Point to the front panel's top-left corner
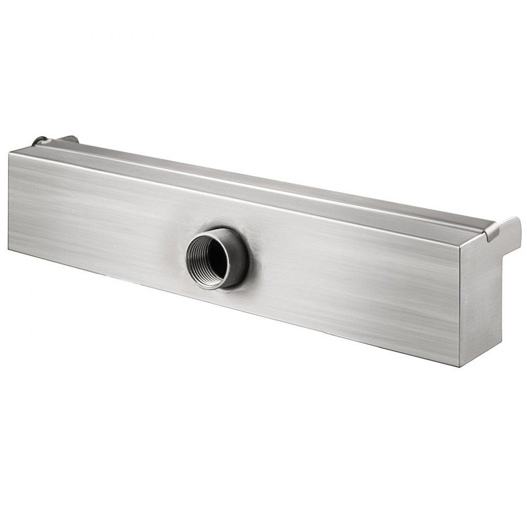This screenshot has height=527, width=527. pos(11,152)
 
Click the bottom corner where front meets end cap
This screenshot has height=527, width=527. pos(460,366)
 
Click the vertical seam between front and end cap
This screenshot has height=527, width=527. pos(460,306)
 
